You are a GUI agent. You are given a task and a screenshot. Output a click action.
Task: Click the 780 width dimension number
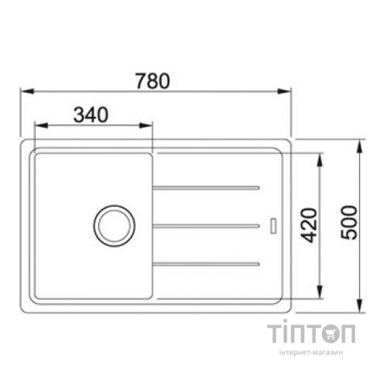tap(151, 80)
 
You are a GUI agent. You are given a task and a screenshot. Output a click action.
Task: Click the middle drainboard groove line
tap(205, 225)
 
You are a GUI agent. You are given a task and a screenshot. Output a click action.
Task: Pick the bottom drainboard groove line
tap(205, 263)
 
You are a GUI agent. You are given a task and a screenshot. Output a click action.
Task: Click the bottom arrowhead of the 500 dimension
tap(361, 304)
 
